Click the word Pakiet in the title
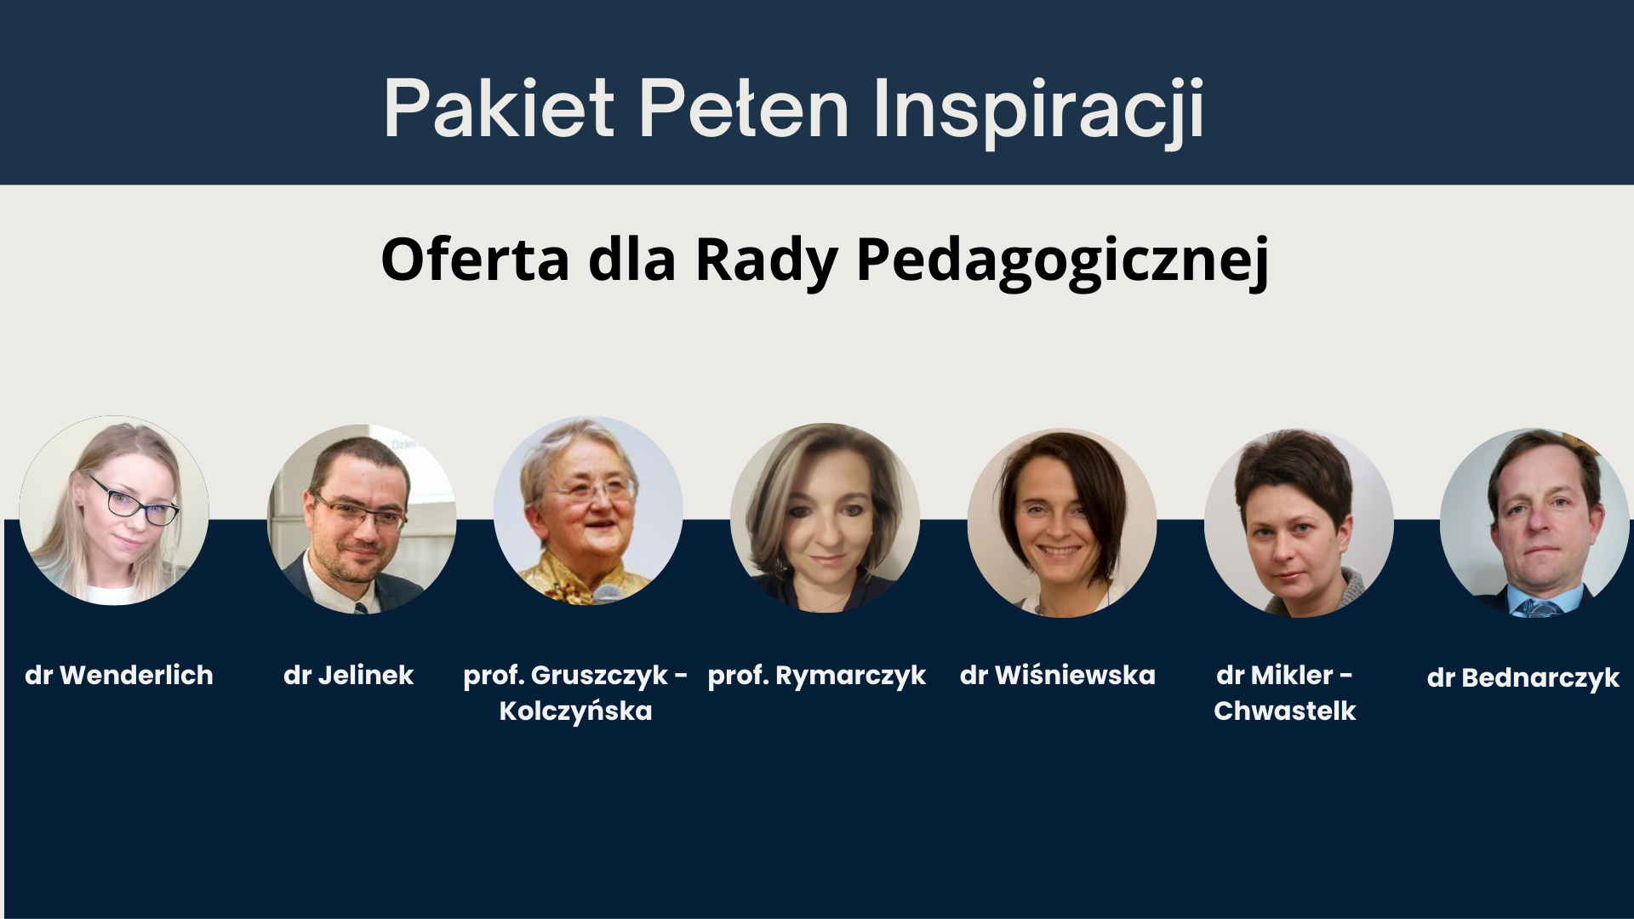click(x=499, y=108)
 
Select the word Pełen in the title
click(x=744, y=108)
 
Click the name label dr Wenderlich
click(x=119, y=676)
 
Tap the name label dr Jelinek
click(x=348, y=676)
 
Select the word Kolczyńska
click(x=575, y=711)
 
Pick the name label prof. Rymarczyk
click(x=817, y=676)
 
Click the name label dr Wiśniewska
click(x=1058, y=676)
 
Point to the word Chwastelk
click(x=1285, y=711)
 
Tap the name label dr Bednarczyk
click(x=1523, y=678)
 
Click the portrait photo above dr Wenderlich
click(x=114, y=511)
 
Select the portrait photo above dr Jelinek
click(x=362, y=519)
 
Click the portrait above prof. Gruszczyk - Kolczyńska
click(x=588, y=511)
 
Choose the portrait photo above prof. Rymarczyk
click(x=825, y=517)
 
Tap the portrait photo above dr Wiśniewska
click(x=1062, y=522)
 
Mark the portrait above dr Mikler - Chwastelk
click(x=1299, y=522)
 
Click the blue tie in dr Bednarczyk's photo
click(x=1537, y=608)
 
